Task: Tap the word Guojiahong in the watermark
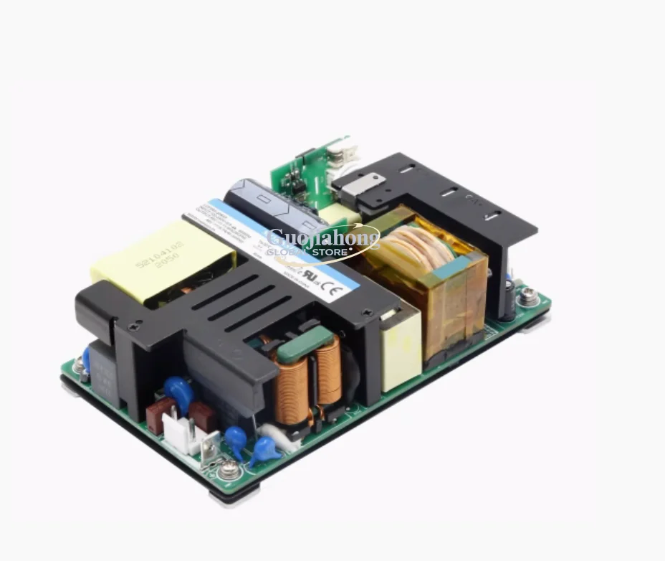click(x=322, y=237)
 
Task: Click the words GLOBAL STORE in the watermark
click(x=307, y=252)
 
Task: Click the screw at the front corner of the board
click(x=229, y=470)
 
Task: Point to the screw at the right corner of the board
click(x=528, y=295)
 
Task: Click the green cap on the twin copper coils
click(x=305, y=344)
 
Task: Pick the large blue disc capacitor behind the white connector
click(x=178, y=392)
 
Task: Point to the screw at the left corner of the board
click(x=78, y=367)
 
